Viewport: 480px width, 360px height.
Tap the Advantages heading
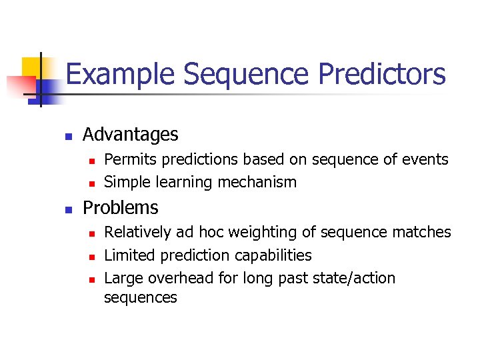coord(130,135)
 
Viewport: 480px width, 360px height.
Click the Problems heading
coord(120,207)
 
